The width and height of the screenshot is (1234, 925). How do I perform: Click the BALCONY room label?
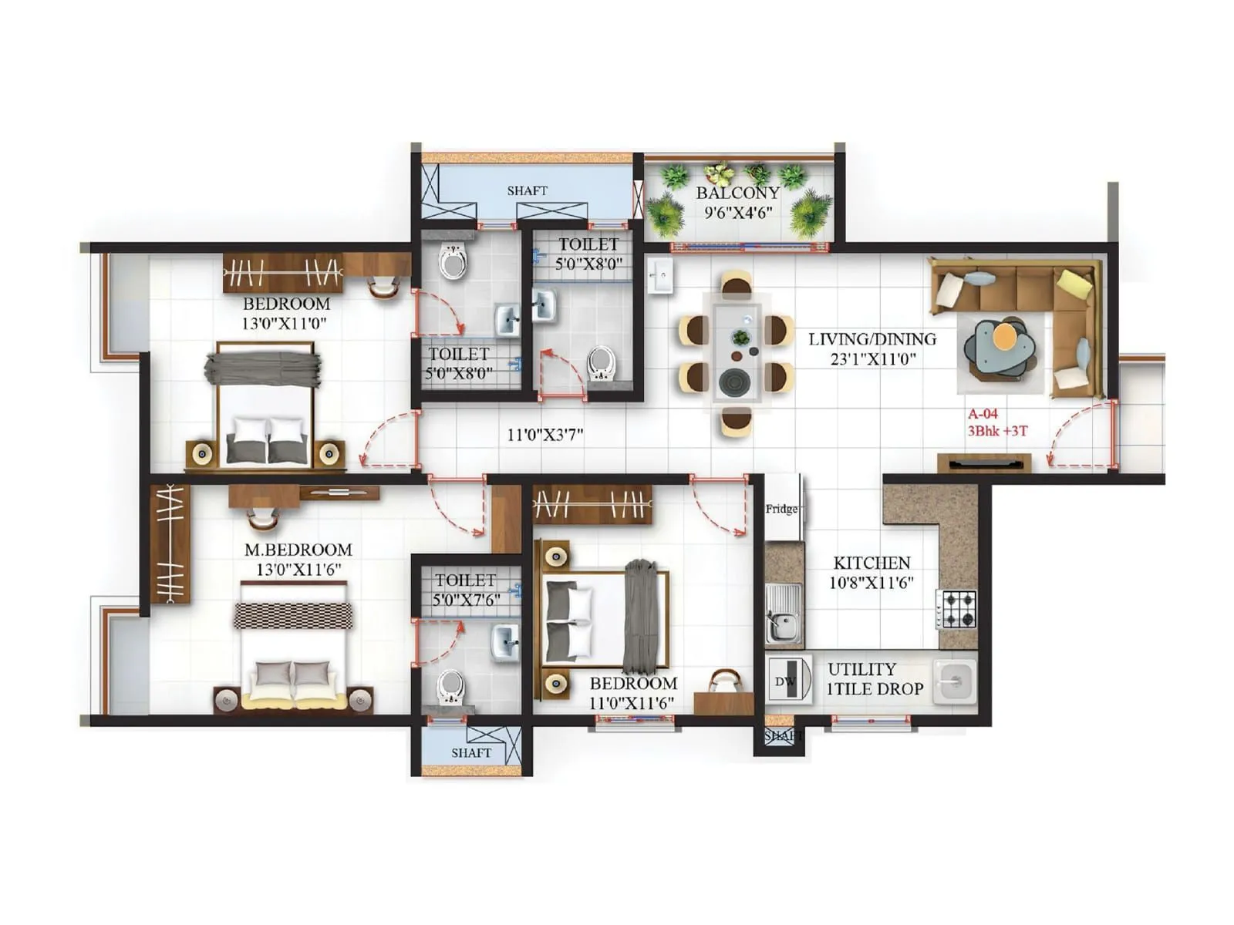click(737, 193)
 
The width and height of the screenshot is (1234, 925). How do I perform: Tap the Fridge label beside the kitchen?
click(781, 509)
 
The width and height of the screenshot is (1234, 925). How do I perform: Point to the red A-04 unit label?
click(983, 414)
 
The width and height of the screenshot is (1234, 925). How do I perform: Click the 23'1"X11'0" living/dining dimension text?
click(872, 358)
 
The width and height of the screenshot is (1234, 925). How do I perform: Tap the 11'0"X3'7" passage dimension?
click(545, 435)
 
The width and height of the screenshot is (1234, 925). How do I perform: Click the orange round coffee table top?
click(1004, 336)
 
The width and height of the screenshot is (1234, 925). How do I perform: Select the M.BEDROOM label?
click(298, 550)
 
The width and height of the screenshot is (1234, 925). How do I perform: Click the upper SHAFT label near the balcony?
click(527, 190)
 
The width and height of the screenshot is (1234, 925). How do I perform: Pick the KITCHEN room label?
click(872, 563)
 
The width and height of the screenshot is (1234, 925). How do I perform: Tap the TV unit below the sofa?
click(984, 462)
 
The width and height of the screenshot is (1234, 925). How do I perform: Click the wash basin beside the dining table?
click(660, 275)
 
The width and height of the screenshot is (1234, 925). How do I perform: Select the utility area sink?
click(953, 681)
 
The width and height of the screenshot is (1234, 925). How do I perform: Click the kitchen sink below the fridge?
click(782, 614)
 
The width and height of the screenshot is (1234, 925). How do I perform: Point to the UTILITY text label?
click(861, 669)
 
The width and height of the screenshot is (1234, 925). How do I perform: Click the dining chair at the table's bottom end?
click(736, 421)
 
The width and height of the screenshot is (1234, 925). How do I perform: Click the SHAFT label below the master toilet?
click(470, 752)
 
